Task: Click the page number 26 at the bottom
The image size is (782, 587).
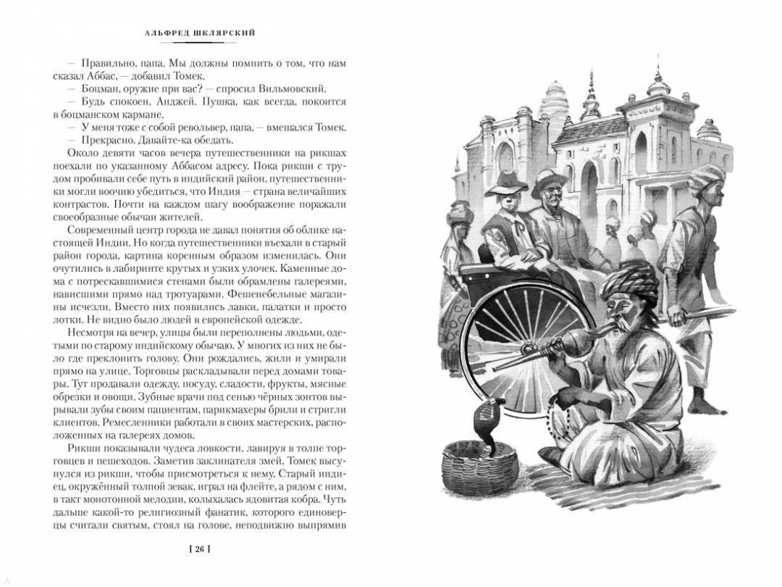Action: [198, 549]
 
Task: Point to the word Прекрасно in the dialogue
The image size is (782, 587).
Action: [98, 140]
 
